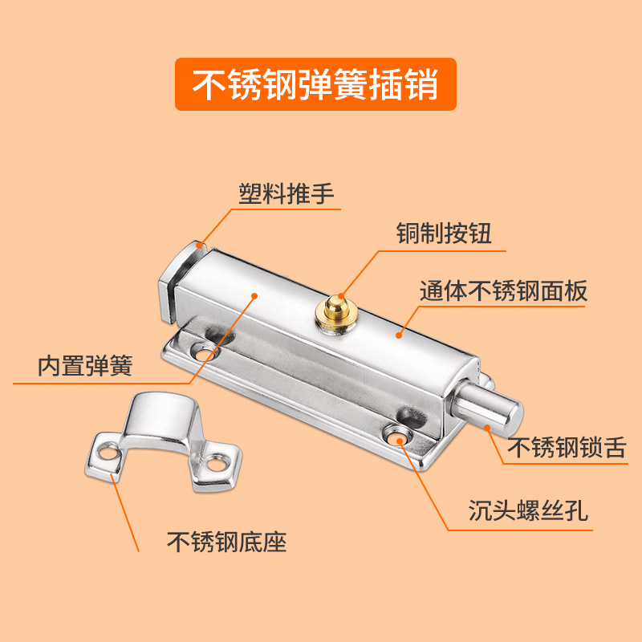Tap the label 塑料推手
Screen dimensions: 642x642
286,194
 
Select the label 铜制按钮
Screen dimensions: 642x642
443,234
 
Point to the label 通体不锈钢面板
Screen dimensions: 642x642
503,291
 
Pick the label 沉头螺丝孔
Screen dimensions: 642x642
528,511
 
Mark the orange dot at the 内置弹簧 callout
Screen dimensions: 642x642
255,295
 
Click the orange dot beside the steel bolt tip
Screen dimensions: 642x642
487,428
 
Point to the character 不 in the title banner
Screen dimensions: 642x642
209,84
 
